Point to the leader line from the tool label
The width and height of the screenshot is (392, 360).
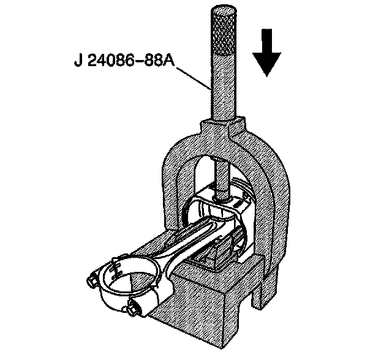194,77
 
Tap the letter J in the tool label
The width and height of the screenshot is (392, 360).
76,61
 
